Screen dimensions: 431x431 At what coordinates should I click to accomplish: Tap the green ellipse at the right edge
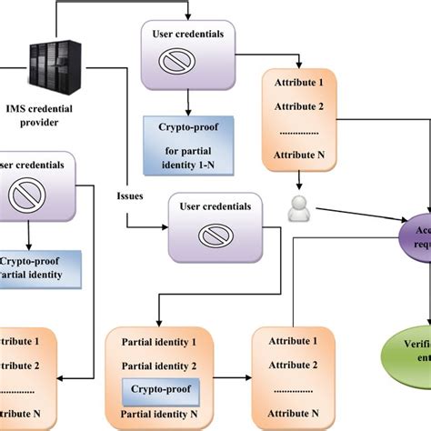[x=411, y=350]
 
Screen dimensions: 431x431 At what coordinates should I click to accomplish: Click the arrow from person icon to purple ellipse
[x=355, y=216]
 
